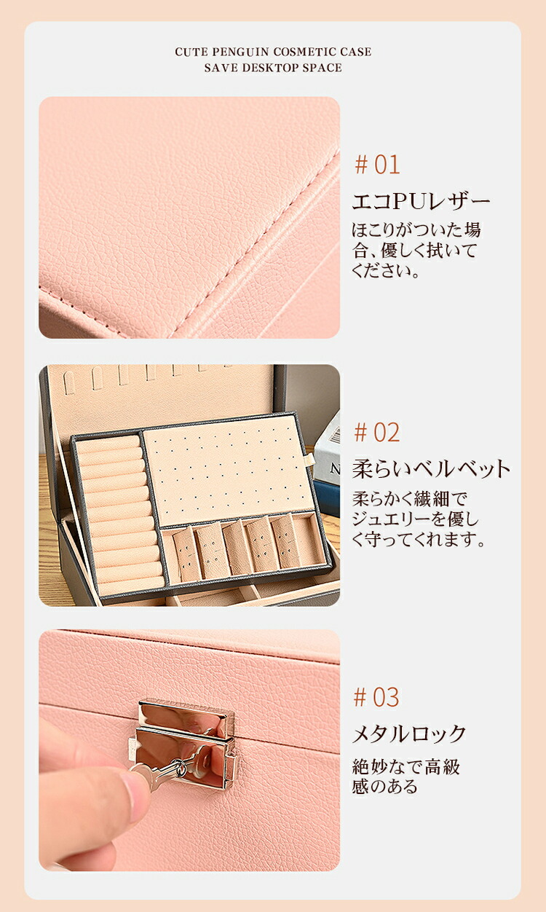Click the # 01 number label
click(x=377, y=165)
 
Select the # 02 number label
click(x=377, y=433)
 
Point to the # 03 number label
click(x=376, y=697)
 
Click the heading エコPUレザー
click(x=421, y=201)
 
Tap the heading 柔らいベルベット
click(x=431, y=468)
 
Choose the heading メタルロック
click(x=409, y=734)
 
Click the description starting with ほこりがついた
click(x=416, y=251)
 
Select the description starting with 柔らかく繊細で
click(x=419, y=519)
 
